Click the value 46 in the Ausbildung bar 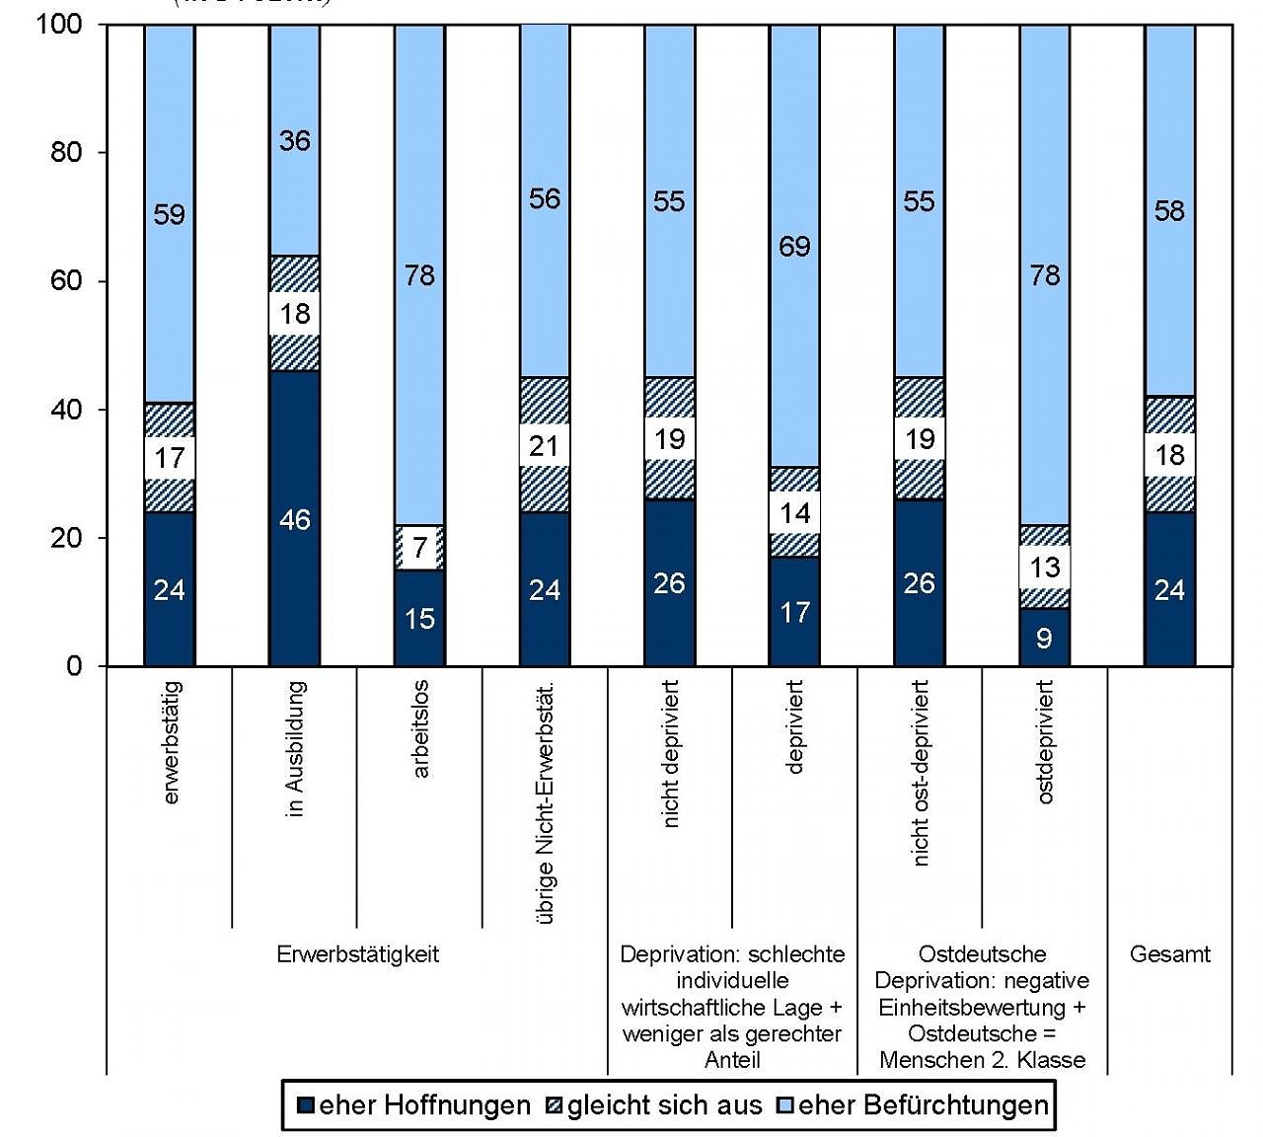tap(295, 519)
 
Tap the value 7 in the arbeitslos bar tap(420, 549)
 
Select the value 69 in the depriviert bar tap(794, 246)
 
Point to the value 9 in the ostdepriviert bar tap(1044, 638)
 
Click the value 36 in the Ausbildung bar tap(295, 141)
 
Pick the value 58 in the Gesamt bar tap(1169, 210)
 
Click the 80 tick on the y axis tap(67, 152)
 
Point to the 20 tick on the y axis tap(67, 538)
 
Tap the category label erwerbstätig tap(171, 742)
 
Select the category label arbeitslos tap(420, 730)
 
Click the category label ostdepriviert tap(1045, 742)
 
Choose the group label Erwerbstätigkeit tap(357, 954)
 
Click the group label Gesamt tap(1169, 954)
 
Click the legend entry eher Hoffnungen tap(413, 1105)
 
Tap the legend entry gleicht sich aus tap(654, 1105)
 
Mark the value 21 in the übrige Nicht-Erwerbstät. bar tap(545, 446)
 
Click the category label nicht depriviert tap(671, 755)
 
